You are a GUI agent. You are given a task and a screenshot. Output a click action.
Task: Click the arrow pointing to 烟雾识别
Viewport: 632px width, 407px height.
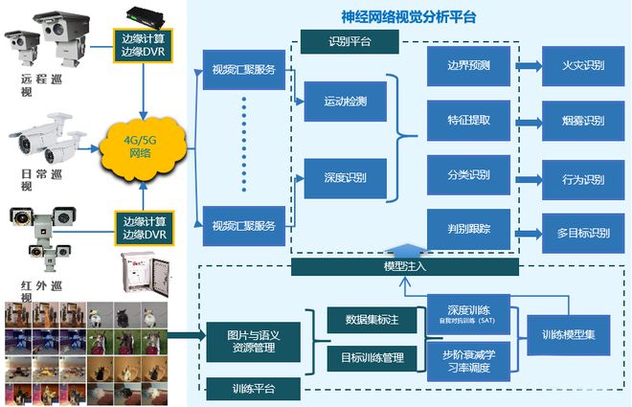[x=530, y=121]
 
